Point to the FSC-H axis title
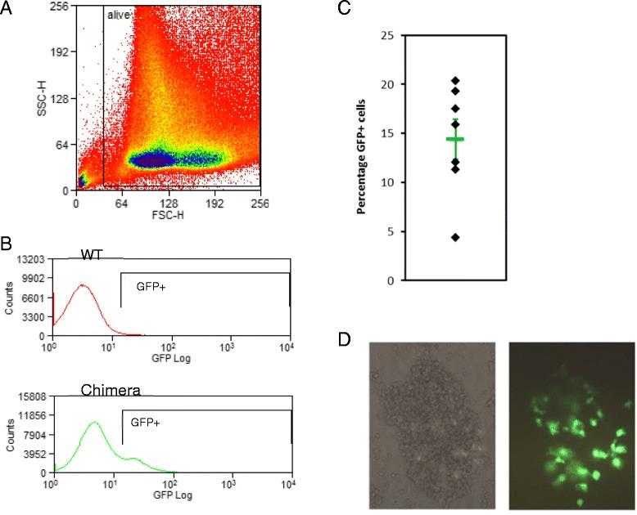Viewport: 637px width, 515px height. coord(167,214)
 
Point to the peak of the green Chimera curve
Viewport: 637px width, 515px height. coord(95,423)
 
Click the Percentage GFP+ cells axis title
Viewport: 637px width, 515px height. coord(361,157)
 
